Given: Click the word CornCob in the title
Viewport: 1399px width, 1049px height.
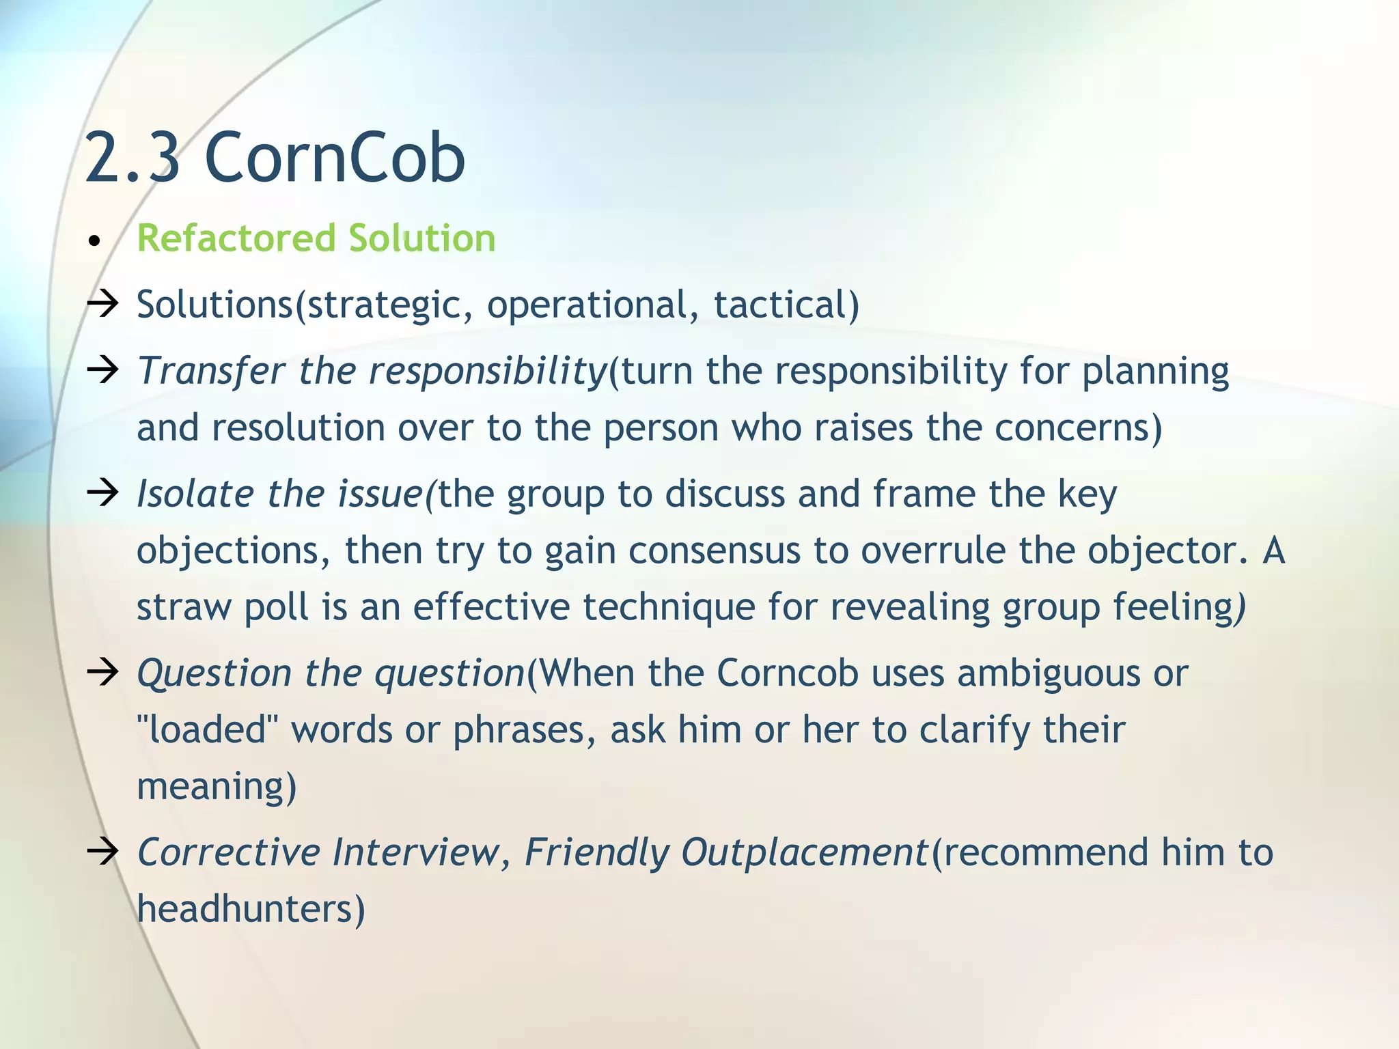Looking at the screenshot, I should click(335, 158).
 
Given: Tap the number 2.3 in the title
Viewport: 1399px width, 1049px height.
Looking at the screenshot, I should click(133, 158).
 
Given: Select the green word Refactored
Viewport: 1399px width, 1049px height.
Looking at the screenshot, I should click(236, 238).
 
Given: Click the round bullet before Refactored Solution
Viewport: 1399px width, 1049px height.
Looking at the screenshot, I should click(95, 241).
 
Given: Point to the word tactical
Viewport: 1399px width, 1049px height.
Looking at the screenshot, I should click(786, 305).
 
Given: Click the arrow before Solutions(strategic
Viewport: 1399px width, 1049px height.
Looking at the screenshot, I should click(103, 303).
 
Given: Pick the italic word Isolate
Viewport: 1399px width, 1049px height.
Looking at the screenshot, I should click(195, 494).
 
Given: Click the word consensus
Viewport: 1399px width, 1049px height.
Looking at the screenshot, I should click(714, 550).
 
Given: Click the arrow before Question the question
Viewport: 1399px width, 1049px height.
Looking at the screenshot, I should click(103, 673).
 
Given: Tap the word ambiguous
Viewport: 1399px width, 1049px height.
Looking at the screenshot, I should click(1049, 674).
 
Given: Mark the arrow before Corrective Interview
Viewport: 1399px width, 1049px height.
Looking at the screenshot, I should click(103, 852).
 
